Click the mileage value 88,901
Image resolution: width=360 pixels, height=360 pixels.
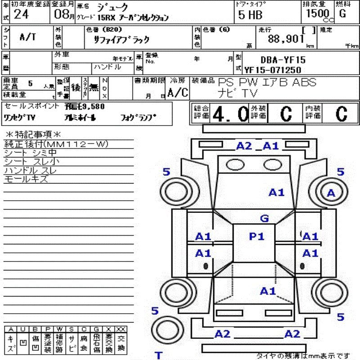tap(286, 39)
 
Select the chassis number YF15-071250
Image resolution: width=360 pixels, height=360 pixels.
tap(273, 70)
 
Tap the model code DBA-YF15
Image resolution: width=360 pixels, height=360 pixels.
tap(283, 59)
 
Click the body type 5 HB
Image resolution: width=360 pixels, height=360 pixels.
tap(250, 14)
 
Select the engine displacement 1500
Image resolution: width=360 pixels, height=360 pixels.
tap(317, 13)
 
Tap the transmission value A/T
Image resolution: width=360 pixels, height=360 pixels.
tap(28, 37)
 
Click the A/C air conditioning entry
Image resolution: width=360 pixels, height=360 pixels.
tap(177, 93)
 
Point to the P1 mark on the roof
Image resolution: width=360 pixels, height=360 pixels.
tap(257, 236)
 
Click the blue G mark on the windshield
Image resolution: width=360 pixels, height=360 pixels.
tap(265, 219)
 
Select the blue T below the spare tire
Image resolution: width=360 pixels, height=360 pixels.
tap(158, 355)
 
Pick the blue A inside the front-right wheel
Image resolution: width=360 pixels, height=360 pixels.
tap(331, 193)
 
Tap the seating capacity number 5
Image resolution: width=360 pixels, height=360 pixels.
tap(30, 83)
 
